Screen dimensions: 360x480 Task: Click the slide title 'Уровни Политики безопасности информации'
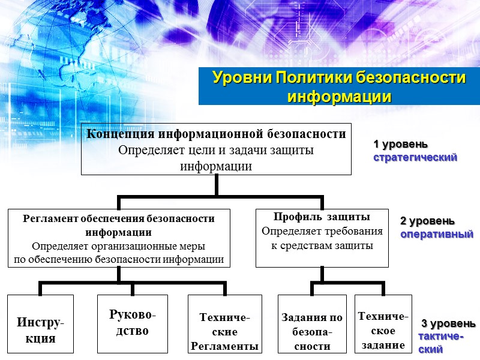click(x=339, y=87)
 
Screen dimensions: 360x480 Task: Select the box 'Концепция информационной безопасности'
click(x=217, y=149)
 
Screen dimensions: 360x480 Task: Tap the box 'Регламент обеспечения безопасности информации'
click(x=118, y=238)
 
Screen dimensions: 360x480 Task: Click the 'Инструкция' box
click(x=40, y=323)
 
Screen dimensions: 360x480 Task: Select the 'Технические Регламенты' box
click(x=224, y=324)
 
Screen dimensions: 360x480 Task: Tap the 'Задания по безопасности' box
click(x=313, y=324)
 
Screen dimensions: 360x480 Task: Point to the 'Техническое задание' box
click(x=383, y=324)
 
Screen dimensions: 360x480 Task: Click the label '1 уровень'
click(x=401, y=145)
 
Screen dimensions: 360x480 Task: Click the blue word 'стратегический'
click(x=415, y=157)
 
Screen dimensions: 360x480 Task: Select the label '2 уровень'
click(x=427, y=221)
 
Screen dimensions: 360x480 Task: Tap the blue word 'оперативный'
click(x=437, y=234)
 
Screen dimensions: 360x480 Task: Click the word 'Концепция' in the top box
click(x=116, y=134)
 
